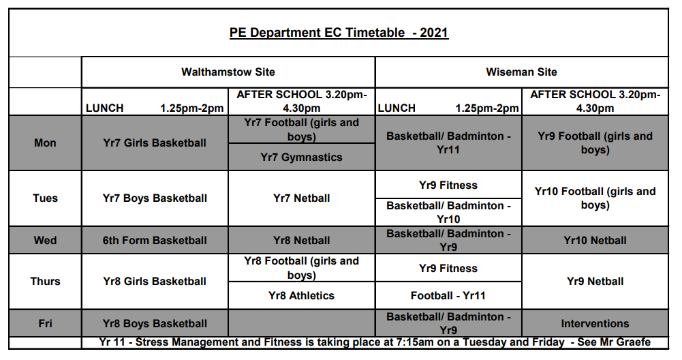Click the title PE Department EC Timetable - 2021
pyautogui.click(x=339, y=33)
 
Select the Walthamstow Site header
pyautogui.click(x=228, y=72)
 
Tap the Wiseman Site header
pyautogui.click(x=521, y=72)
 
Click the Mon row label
pyautogui.click(x=45, y=142)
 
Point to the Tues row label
pyautogui.click(x=45, y=198)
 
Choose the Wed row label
pyautogui.click(x=45, y=240)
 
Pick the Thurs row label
pyautogui.click(x=45, y=281)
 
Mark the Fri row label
pyautogui.click(x=45, y=323)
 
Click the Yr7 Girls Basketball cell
pyautogui.click(x=155, y=142)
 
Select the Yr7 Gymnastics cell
pyautogui.click(x=301, y=157)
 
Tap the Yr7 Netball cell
pyautogui.click(x=301, y=198)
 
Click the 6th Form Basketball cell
pyautogui.click(x=155, y=240)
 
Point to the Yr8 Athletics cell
pyautogui.click(x=301, y=296)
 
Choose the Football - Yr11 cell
pyautogui.click(x=448, y=296)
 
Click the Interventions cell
pyautogui.click(x=595, y=323)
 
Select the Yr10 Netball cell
pyautogui.click(x=595, y=240)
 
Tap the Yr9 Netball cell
pyautogui.click(x=595, y=281)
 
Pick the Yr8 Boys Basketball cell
pyautogui.click(x=155, y=323)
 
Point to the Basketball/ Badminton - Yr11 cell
pyautogui.click(x=448, y=142)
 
